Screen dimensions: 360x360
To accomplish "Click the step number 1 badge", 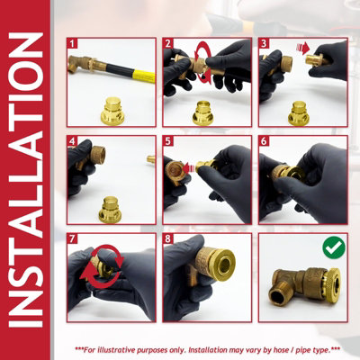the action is (x=72, y=43).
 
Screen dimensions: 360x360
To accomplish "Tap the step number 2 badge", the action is (x=168, y=43).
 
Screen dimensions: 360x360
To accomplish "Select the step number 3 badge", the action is (x=264, y=43).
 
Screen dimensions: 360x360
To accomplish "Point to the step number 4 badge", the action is (x=72, y=141).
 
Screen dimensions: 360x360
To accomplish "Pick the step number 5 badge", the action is (x=168, y=141).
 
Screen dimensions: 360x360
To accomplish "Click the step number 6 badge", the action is (x=264, y=141).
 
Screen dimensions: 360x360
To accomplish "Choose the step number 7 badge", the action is (x=72, y=238).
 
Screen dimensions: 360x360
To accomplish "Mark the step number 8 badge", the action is (x=168, y=238).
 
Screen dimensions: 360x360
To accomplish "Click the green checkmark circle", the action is (x=334, y=247).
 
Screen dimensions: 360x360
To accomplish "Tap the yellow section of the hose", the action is (x=144, y=76).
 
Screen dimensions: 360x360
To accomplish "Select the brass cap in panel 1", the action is (x=112, y=111).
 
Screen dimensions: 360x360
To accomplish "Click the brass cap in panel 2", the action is (x=203, y=113).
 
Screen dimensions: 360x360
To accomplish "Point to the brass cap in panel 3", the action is (x=299, y=113).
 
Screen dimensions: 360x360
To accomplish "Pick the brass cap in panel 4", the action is (x=110, y=210).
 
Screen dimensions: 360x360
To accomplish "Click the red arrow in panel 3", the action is (x=303, y=48).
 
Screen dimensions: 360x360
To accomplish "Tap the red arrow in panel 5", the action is (x=189, y=168).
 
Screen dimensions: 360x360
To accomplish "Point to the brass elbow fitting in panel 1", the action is (x=78, y=64).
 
